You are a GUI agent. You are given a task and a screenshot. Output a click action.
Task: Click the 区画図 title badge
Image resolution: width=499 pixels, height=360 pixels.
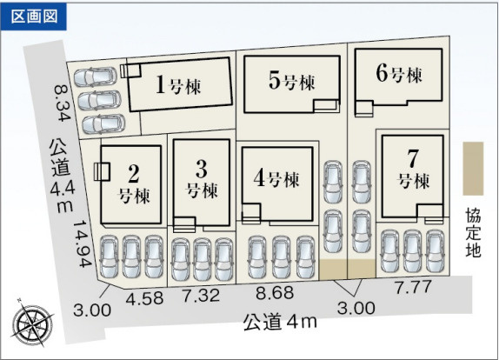[x=34, y=17]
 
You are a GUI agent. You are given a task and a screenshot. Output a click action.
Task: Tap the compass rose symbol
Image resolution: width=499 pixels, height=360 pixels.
[x=32, y=323]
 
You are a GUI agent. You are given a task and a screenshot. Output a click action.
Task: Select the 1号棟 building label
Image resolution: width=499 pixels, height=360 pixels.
[x=178, y=85]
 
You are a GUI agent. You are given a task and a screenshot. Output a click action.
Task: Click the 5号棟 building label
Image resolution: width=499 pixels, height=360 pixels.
[x=291, y=81]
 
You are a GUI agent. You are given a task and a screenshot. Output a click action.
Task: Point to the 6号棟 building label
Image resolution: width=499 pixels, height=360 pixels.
[x=399, y=73]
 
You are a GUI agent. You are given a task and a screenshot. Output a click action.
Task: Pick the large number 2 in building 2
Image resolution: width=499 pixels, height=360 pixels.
[x=134, y=174]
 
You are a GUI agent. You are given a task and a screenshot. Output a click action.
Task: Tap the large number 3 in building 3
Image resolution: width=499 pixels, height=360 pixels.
[x=202, y=169]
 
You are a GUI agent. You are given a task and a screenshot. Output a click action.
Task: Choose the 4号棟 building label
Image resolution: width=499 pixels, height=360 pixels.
[x=276, y=178]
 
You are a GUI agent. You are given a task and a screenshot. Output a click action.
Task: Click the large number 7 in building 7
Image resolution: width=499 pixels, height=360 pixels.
[x=413, y=158]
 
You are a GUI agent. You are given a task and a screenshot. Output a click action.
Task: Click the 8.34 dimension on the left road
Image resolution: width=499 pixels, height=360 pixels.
[x=62, y=103]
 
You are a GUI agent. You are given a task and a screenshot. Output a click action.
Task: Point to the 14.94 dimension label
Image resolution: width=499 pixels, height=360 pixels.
[x=83, y=243]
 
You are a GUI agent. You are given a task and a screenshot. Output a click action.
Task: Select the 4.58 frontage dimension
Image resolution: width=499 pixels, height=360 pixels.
[x=145, y=298]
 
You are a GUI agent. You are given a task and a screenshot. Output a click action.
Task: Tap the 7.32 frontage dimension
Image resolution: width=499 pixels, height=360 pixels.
[x=201, y=296]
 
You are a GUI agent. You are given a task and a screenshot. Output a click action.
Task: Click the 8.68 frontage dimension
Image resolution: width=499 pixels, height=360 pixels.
[x=275, y=293]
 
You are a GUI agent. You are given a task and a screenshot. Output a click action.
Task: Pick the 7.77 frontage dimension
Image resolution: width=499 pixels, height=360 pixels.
[x=414, y=288]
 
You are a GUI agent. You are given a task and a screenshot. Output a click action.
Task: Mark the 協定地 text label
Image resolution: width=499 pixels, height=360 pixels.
[x=473, y=233]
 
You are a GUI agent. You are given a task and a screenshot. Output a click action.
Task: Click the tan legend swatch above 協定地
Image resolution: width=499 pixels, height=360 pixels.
[x=473, y=169]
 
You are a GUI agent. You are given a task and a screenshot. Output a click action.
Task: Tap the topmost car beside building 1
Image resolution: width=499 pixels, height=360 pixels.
[x=96, y=77]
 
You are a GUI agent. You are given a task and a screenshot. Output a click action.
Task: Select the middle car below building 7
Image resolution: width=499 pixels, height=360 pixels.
[x=413, y=251]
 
